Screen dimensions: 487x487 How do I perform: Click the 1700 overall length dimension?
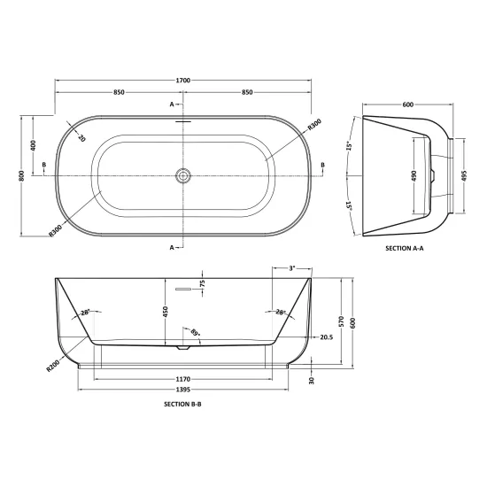(x=183, y=81)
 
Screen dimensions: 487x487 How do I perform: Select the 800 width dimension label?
(x=21, y=176)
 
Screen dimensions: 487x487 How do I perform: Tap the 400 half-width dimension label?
(x=34, y=145)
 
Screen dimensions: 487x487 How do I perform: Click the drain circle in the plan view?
(x=182, y=176)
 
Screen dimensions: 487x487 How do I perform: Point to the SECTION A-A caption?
(x=405, y=248)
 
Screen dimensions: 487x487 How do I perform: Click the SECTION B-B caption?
(x=182, y=404)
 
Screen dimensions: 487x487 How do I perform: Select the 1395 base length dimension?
(x=183, y=390)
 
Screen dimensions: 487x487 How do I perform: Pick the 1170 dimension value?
(x=183, y=379)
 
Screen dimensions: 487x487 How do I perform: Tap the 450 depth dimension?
(x=166, y=312)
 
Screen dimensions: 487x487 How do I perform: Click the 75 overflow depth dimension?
(x=202, y=283)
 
